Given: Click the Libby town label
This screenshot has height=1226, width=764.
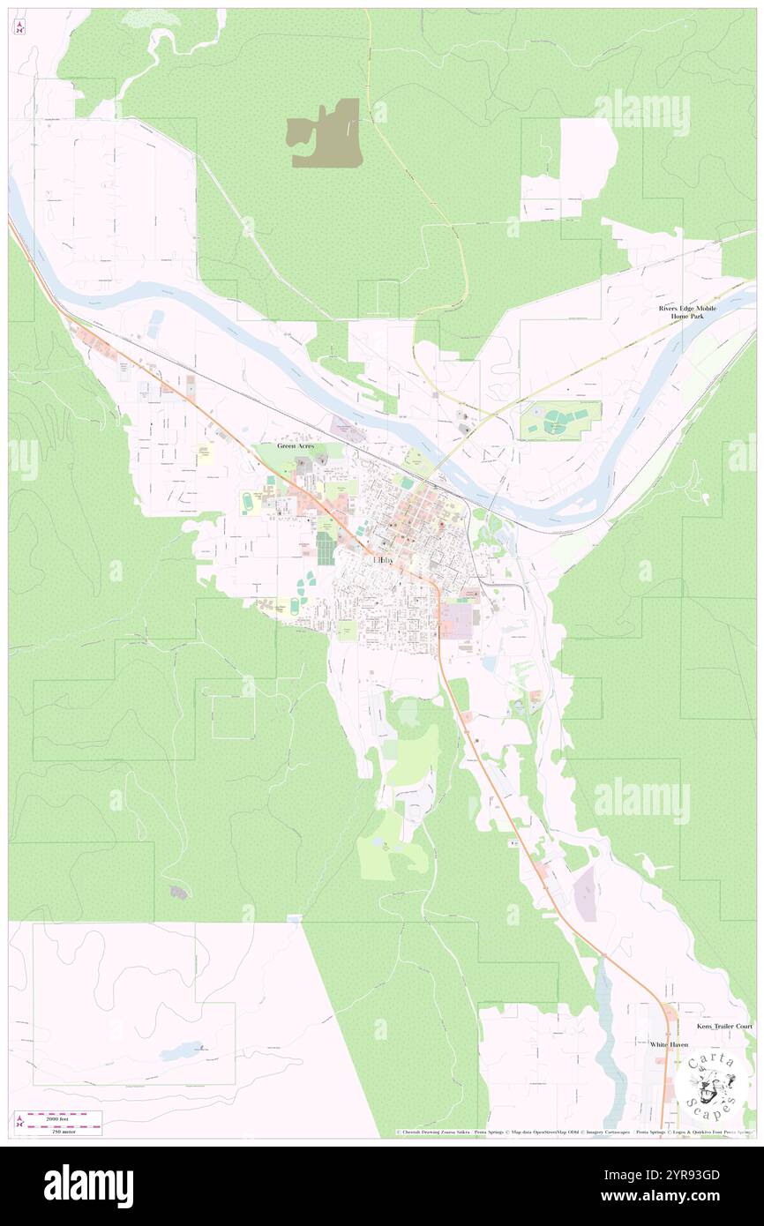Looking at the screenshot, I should coord(384,559).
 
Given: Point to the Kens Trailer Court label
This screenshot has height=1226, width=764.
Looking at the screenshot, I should coord(723,1027).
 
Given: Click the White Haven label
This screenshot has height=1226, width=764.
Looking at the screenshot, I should coord(669,1044).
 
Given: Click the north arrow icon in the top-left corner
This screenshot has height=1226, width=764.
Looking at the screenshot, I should coord(20,26).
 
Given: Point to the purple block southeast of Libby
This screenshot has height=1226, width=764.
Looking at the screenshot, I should coord(457,620).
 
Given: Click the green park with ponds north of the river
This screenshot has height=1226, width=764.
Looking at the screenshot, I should coord(560,421).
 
